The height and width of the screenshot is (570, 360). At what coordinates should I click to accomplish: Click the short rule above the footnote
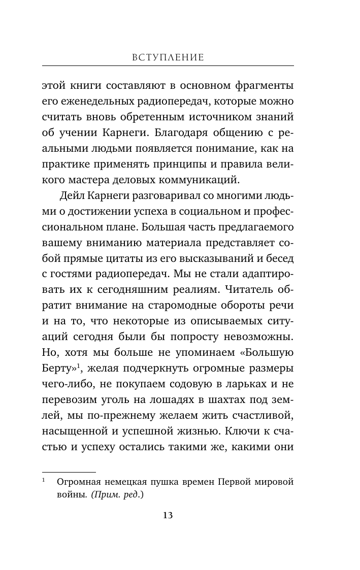69,472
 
